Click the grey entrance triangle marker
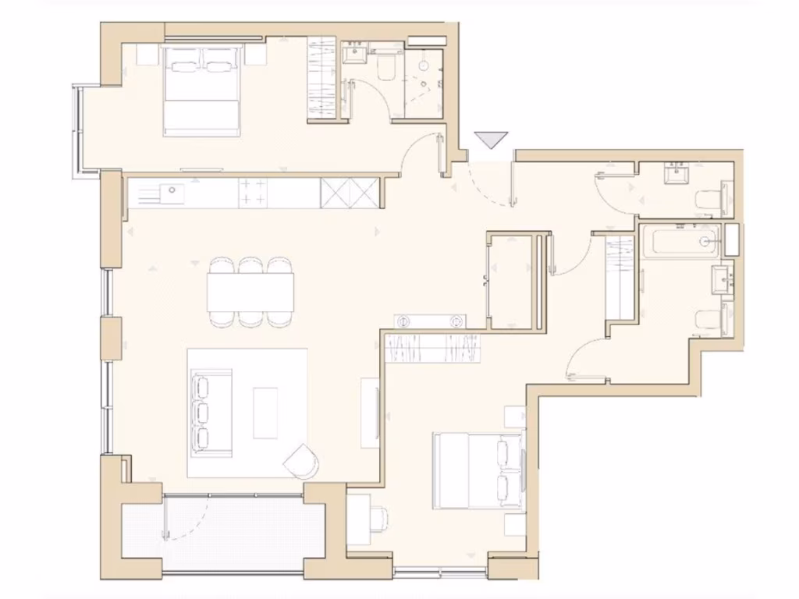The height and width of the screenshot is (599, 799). click(492, 140)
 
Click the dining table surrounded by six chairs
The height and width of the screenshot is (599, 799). click(250, 292)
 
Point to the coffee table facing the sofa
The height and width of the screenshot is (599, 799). click(265, 413)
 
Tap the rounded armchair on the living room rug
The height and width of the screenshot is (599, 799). click(302, 460)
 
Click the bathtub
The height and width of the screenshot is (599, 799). click(680, 241)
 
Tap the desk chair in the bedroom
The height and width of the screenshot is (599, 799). click(379, 517)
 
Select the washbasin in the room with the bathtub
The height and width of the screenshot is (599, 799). click(723, 278)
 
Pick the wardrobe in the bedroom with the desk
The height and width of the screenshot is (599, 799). click(432, 348)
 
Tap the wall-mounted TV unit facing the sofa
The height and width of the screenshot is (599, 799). click(371, 413)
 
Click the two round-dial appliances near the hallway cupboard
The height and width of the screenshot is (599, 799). click(429, 320)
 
